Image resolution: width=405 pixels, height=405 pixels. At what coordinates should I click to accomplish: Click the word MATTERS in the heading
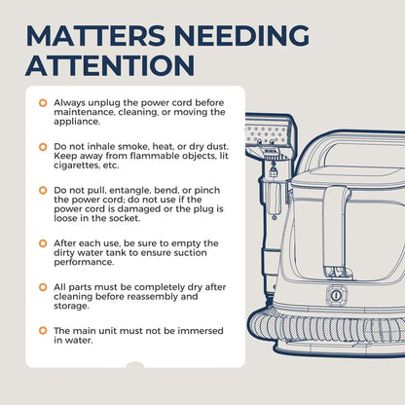tap(95, 35)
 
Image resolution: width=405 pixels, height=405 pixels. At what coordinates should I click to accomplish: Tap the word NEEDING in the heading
tap(241, 35)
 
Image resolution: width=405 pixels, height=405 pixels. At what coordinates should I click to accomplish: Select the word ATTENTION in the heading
tap(110, 65)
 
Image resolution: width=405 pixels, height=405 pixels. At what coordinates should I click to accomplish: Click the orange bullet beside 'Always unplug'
tap(43, 103)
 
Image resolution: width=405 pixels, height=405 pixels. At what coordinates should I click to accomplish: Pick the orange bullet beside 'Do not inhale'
tap(43, 147)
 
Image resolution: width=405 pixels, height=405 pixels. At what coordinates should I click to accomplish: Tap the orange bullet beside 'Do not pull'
tap(43, 190)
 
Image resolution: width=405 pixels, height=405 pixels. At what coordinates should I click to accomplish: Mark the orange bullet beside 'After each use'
tap(43, 243)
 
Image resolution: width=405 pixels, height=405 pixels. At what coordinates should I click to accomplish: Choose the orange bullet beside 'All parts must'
tap(43, 287)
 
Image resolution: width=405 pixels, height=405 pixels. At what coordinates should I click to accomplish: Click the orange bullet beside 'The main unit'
tap(43, 331)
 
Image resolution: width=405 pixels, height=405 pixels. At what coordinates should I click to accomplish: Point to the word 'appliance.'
tap(77, 122)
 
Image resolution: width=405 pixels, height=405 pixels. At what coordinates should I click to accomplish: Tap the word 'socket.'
tap(125, 218)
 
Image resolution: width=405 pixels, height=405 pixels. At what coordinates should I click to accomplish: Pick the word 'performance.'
tap(84, 263)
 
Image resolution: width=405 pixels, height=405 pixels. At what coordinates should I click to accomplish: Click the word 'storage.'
tap(71, 307)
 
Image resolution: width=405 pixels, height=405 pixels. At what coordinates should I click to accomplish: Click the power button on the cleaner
tap(336, 295)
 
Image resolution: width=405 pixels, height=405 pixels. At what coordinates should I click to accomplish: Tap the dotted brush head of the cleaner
tap(267, 134)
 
